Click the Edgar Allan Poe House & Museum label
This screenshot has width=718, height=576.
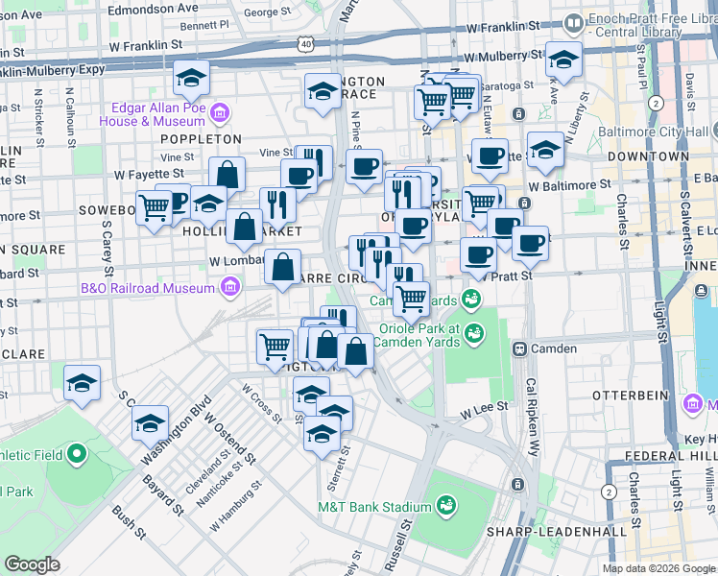pyautogui.click(x=156, y=114)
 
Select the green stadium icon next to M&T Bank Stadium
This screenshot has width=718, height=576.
pyautogui.click(x=445, y=506)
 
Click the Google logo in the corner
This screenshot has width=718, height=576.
pyautogui.click(x=32, y=564)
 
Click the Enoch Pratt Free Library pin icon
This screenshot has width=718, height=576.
pyautogui.click(x=573, y=21)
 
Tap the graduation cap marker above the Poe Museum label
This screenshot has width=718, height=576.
pyautogui.click(x=192, y=79)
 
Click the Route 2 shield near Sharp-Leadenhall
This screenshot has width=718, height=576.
pyautogui.click(x=608, y=492)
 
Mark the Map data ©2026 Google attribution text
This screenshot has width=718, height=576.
pyautogui.click(x=658, y=568)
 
